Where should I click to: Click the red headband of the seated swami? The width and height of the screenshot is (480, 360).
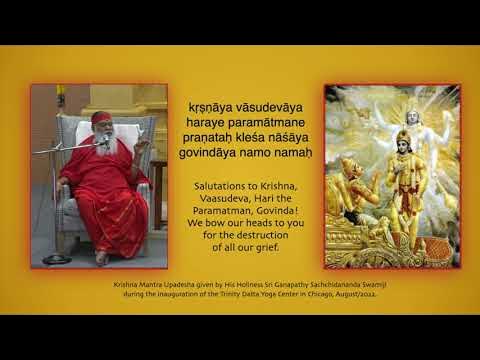[x=102, y=118]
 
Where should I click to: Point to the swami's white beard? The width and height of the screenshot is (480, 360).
[x=103, y=140]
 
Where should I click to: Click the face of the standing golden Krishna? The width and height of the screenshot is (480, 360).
[x=403, y=141]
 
